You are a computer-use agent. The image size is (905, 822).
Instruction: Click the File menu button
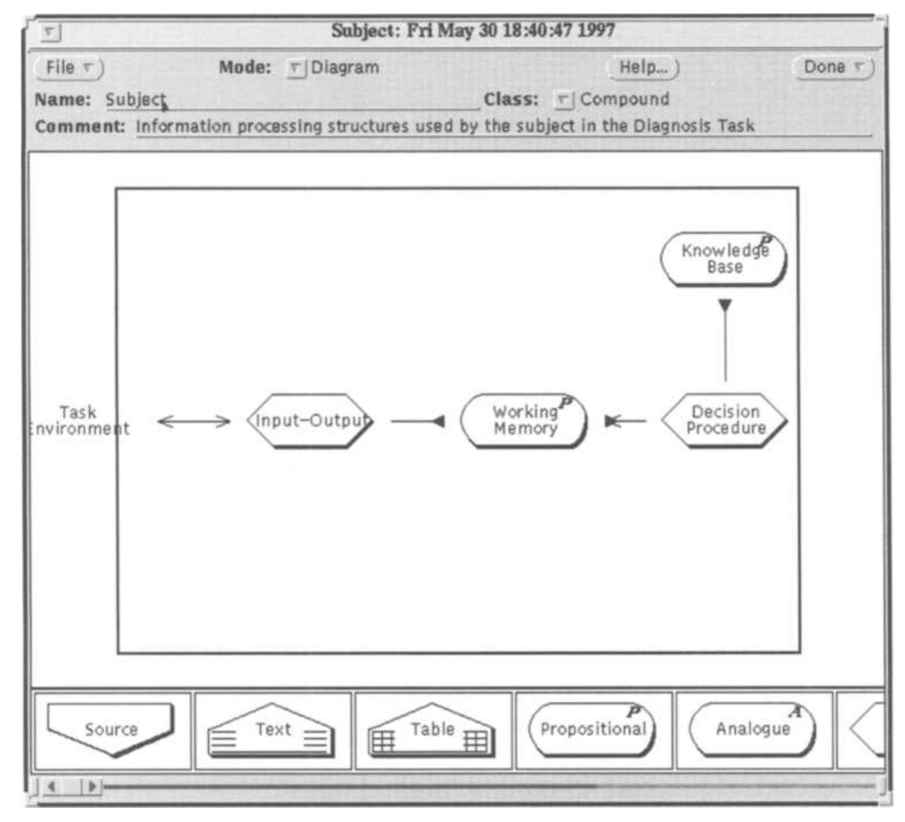pyautogui.click(x=69, y=67)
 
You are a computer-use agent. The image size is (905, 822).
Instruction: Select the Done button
pyautogui.click(x=832, y=67)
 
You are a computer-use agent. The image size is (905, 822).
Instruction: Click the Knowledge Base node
pyautogui.click(x=724, y=259)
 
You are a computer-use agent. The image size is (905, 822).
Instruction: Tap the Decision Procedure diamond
pyautogui.click(x=725, y=420)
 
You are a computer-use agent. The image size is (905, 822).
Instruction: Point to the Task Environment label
pyautogui.click(x=79, y=420)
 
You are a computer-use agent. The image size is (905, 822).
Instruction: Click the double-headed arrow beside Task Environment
pyautogui.click(x=194, y=422)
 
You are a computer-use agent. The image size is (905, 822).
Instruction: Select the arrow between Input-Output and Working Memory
pyautogui.click(x=418, y=422)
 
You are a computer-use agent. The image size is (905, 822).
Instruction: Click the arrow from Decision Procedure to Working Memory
pyautogui.click(x=626, y=421)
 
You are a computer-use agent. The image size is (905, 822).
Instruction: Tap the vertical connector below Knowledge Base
pyautogui.click(x=725, y=340)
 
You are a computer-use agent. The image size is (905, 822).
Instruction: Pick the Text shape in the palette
pyautogui.click(x=271, y=730)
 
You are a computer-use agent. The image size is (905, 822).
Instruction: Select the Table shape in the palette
pyautogui.click(x=431, y=730)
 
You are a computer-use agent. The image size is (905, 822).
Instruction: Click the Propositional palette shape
pyautogui.click(x=593, y=730)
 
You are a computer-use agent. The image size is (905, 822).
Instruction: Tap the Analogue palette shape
pyautogui.click(x=753, y=730)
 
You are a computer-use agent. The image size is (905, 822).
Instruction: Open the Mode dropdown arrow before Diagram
pyautogui.click(x=296, y=69)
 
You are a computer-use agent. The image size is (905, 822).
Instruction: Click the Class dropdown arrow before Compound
pyautogui.click(x=564, y=101)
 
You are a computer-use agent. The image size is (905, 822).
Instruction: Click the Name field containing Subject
pyautogui.click(x=292, y=100)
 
